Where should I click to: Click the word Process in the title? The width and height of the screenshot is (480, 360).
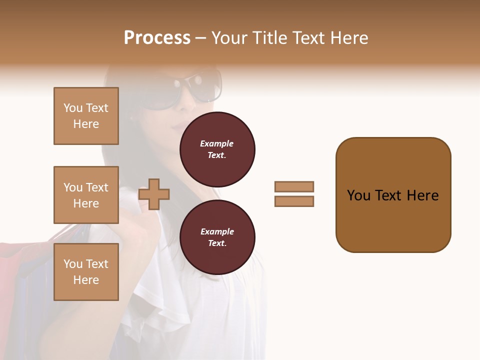click(x=157, y=38)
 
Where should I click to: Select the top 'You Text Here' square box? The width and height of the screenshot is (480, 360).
click(x=86, y=116)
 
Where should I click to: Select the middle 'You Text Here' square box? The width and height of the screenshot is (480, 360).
click(x=86, y=195)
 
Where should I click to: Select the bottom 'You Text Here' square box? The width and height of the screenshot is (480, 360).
click(x=86, y=271)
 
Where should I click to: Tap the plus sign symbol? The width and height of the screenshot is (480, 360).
click(x=154, y=194)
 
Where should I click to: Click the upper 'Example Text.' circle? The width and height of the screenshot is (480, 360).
click(x=217, y=149)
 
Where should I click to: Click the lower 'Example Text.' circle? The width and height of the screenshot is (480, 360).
click(x=217, y=237)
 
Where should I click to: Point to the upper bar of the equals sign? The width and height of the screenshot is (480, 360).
click(x=294, y=186)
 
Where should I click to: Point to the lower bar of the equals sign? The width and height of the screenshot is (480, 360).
click(x=294, y=201)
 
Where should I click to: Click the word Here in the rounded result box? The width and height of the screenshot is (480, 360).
click(x=422, y=195)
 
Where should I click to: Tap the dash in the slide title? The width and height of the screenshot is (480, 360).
click(x=200, y=38)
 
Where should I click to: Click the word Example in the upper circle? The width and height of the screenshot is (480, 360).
click(x=216, y=143)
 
